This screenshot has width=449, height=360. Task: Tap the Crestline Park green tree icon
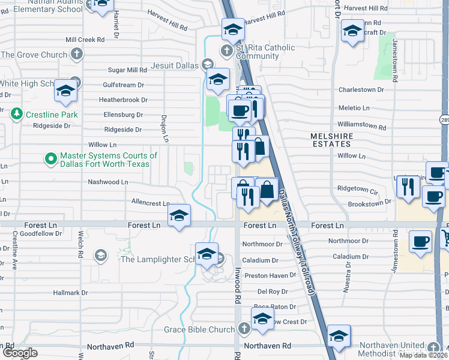[17, 114]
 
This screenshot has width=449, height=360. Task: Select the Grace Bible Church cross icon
[243, 329]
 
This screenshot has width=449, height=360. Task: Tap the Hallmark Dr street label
[70, 293]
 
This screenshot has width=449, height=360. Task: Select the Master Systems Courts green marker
[51, 160]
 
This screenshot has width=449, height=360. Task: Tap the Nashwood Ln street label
[108, 181]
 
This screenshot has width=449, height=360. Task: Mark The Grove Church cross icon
[76, 55]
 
